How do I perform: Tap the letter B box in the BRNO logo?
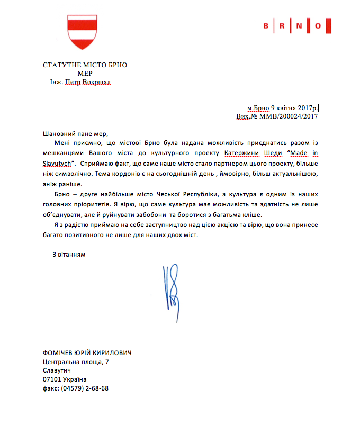(x=266, y=25)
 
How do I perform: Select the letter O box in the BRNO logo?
(x=318, y=25)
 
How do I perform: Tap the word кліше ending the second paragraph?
(x=260, y=214)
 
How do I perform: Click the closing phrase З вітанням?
(x=69, y=255)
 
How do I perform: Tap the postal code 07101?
(x=52, y=380)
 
